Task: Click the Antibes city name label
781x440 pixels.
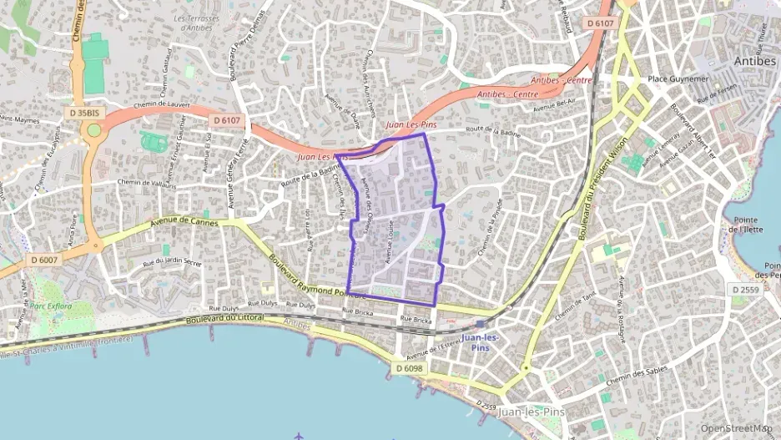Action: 754,61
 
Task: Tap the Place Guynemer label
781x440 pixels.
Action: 678,79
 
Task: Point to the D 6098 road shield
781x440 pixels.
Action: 410,367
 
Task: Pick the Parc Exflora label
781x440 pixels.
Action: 51,306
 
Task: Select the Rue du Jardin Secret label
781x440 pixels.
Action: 172,262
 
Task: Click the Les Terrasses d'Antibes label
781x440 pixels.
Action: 195,23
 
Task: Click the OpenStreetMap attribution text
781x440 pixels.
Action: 736,428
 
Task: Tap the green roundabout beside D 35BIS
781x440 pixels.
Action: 94,129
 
